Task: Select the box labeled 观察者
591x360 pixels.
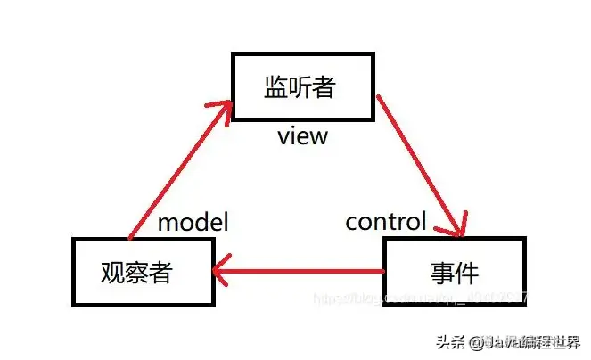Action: (x=143, y=272)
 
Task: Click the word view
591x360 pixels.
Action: (x=303, y=136)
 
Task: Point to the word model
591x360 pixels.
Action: (x=193, y=222)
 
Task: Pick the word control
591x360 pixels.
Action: (x=386, y=220)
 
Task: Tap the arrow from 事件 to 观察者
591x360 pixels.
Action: (x=299, y=268)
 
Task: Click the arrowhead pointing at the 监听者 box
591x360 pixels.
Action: (x=221, y=109)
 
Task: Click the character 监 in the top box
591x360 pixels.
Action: (x=276, y=87)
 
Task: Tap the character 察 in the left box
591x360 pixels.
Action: (x=143, y=272)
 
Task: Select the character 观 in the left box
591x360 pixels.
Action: (x=114, y=272)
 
